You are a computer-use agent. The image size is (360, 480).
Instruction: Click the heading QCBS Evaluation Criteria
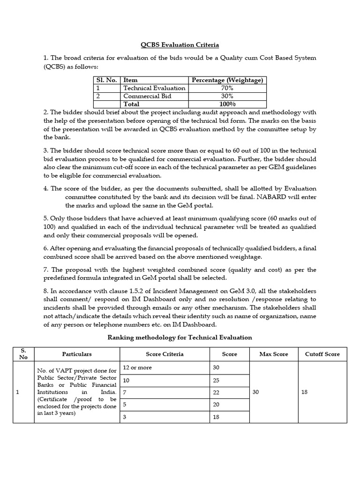[180, 45]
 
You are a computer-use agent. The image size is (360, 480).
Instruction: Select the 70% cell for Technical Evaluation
[227, 88]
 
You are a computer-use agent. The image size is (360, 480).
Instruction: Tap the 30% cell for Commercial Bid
[227, 96]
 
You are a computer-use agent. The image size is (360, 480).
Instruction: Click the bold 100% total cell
[227, 104]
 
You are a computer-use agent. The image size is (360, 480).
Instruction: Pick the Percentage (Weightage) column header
[227, 80]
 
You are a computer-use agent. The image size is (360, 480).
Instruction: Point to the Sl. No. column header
[106, 80]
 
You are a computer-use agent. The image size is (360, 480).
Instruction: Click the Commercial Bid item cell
[147, 96]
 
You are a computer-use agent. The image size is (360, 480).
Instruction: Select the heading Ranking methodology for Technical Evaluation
[180, 337]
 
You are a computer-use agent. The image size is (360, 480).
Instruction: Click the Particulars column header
[77, 354]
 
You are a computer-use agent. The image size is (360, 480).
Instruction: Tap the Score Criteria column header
[165, 354]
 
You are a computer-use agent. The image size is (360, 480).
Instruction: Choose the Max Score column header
[274, 354]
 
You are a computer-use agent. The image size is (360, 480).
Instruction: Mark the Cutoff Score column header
[322, 354]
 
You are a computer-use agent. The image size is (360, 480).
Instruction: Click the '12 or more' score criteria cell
[137, 367]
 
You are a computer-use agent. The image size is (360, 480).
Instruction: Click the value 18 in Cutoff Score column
[305, 392]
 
